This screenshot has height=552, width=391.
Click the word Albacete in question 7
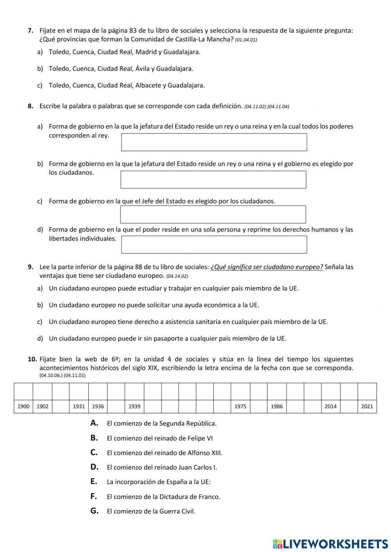tap(148, 85)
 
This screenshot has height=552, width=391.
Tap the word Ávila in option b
tap(142, 68)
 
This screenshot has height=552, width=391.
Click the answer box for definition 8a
tap(214, 142)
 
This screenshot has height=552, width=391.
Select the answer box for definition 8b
tap(213, 180)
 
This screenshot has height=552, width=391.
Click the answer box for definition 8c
tap(213, 214)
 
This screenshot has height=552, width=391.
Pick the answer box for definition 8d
tap(214, 245)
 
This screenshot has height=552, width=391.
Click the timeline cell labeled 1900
tap(23, 406)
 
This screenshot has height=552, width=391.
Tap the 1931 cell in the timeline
tap(79, 406)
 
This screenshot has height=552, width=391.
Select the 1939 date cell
tap(134, 406)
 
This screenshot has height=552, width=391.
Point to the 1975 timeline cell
tap(240, 406)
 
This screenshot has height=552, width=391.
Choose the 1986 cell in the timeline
tap(276, 406)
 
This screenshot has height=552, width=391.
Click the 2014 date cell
tap(330, 406)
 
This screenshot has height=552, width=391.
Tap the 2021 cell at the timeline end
tap(367, 406)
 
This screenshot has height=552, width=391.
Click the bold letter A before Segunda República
tap(94, 423)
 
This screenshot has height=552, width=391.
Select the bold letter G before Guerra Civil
tap(94, 511)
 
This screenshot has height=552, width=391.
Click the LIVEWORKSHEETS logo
tap(330, 543)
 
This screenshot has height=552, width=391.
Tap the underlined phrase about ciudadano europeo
tap(267, 267)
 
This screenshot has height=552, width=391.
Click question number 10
tap(32, 359)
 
